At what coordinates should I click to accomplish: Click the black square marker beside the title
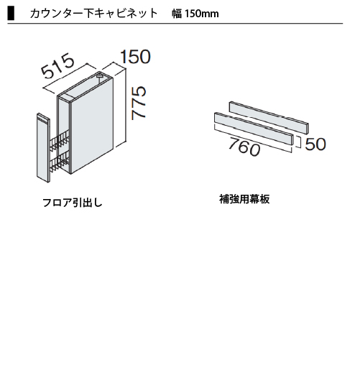[11, 14]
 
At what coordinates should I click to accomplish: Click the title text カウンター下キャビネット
[94, 14]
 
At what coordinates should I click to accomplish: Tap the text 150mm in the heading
[202, 14]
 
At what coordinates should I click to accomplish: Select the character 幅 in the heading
[177, 14]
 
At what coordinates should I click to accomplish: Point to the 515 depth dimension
[57, 66]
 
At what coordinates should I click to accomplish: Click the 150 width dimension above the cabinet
[136, 57]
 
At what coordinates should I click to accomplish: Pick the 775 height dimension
[139, 103]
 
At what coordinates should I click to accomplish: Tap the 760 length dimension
[244, 147]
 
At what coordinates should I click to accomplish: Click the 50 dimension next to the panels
[315, 144]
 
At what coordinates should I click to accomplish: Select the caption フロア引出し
[73, 203]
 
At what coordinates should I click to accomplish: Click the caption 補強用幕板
[244, 199]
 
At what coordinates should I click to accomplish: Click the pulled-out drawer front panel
[44, 147]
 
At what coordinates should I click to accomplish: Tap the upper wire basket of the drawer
[60, 141]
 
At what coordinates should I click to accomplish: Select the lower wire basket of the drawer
[60, 162]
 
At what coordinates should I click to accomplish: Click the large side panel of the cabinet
[92, 125]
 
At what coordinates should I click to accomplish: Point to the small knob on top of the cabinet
[100, 75]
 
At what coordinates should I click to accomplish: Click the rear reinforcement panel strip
[269, 118]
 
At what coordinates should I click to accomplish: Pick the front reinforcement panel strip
[254, 129]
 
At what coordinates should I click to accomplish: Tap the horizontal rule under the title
[175, 24]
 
